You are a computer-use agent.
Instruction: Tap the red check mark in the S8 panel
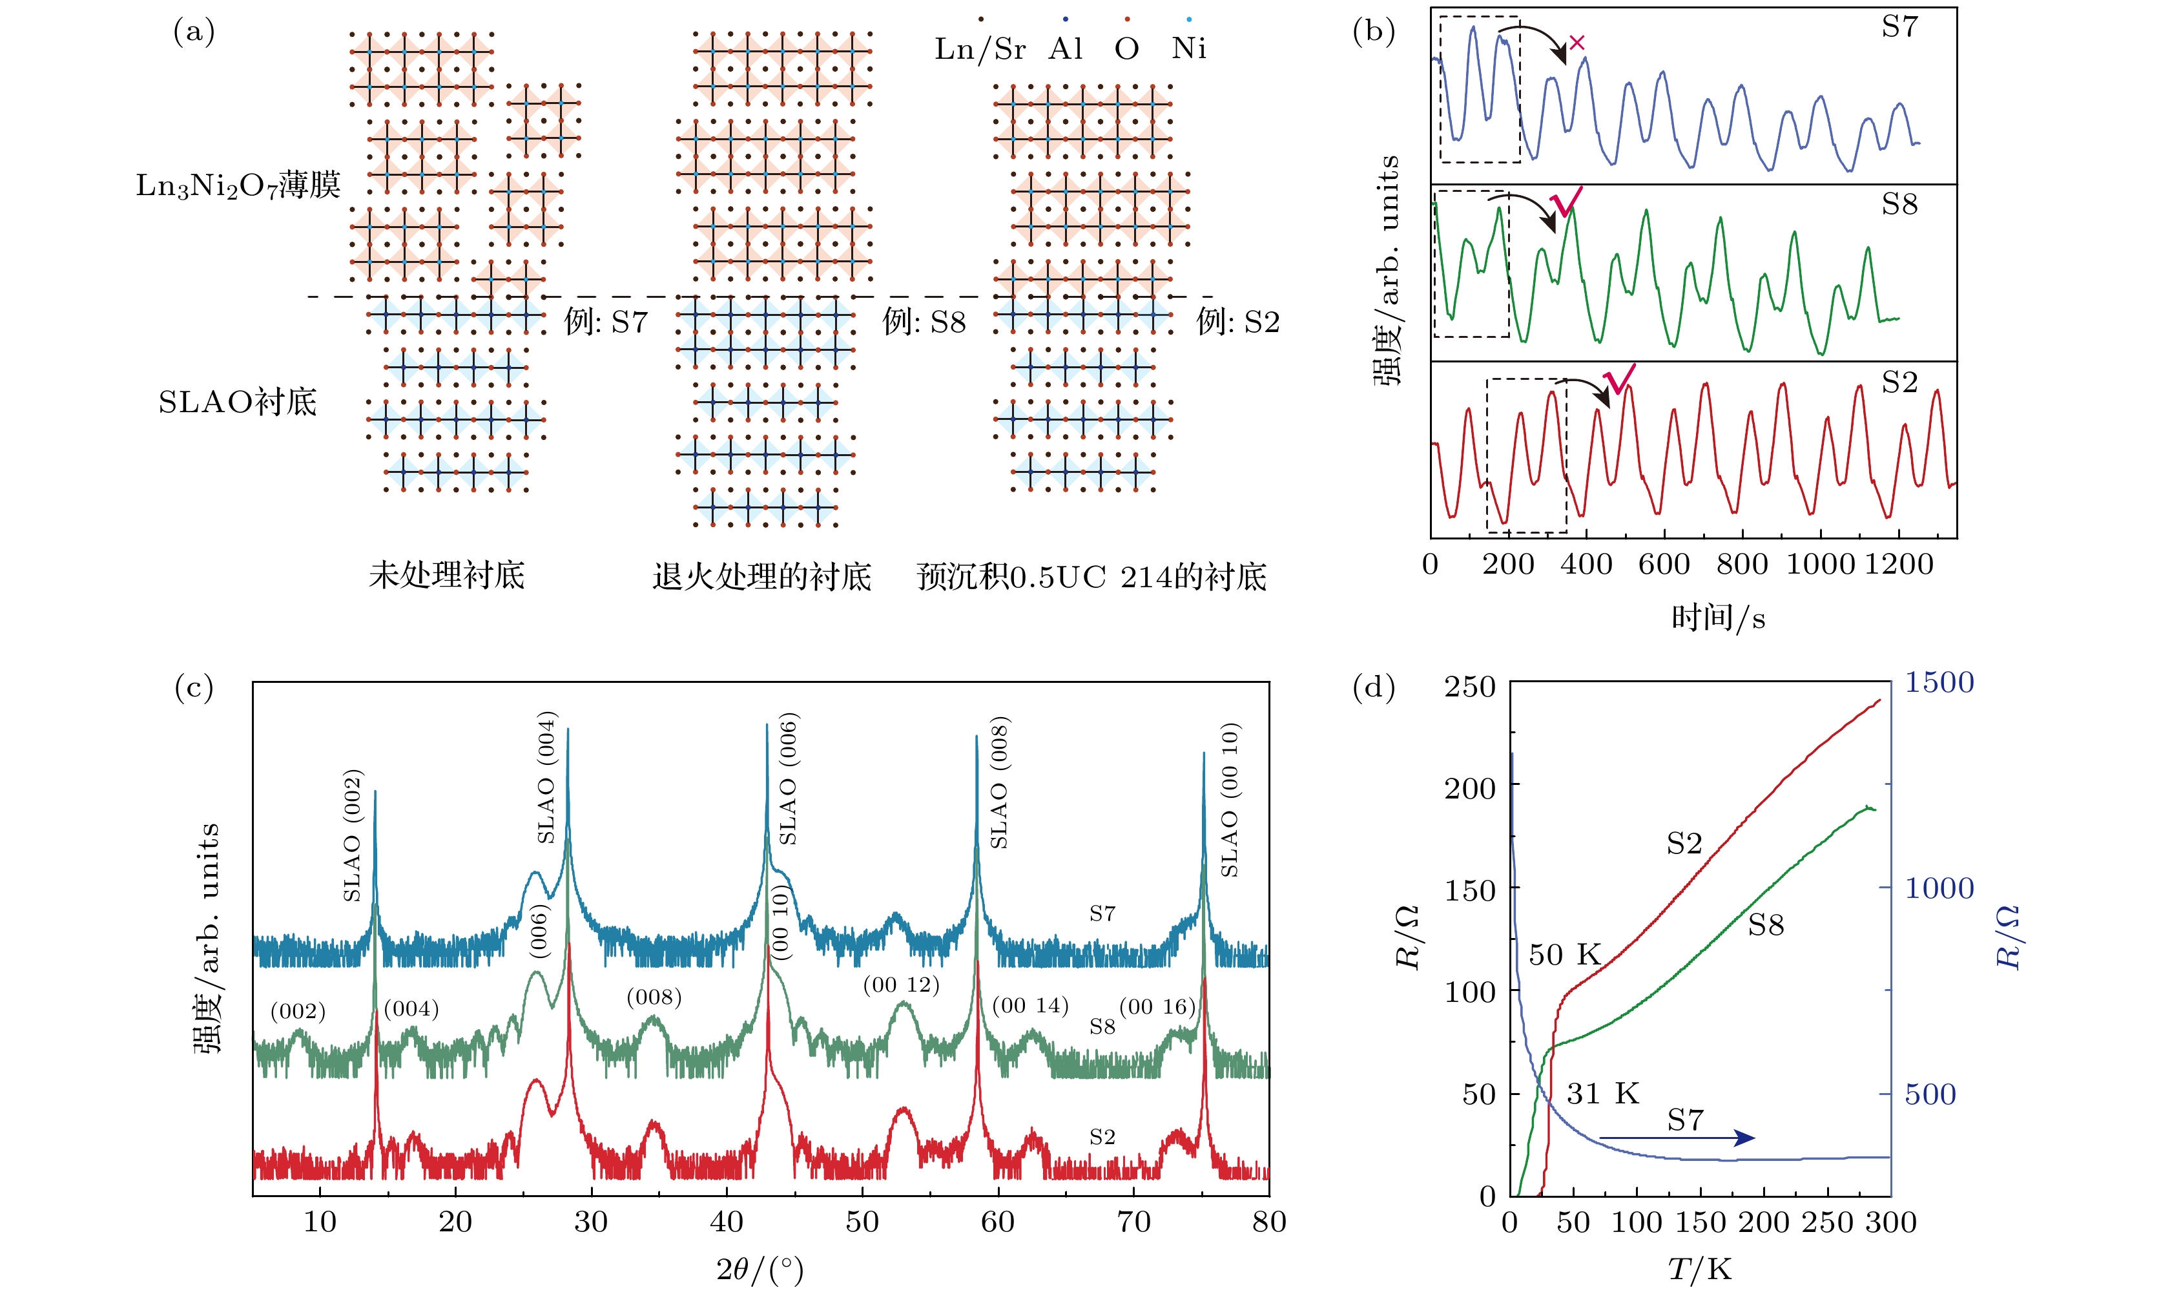click(x=1566, y=203)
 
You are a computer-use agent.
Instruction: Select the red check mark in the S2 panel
click(x=1618, y=380)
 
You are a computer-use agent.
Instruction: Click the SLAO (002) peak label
click(x=352, y=835)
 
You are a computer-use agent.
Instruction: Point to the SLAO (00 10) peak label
click(x=1229, y=800)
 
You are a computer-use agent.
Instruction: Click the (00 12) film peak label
click(x=902, y=985)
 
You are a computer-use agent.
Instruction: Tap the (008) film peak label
click(x=654, y=997)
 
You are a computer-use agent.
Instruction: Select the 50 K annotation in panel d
click(x=1565, y=955)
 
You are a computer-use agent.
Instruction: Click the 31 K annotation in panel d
click(x=1603, y=1094)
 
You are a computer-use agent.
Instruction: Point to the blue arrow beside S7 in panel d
click(x=1677, y=1138)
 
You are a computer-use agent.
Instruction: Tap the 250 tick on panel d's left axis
click(x=1470, y=687)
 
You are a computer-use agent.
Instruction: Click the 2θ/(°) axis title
click(x=760, y=1269)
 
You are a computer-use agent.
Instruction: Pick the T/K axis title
click(x=1700, y=1269)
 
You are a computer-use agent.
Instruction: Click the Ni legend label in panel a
click(x=1189, y=49)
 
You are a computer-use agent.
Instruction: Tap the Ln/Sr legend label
click(x=980, y=49)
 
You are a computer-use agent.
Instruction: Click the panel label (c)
click(x=194, y=688)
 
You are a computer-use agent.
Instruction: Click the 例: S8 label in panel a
click(x=924, y=322)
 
